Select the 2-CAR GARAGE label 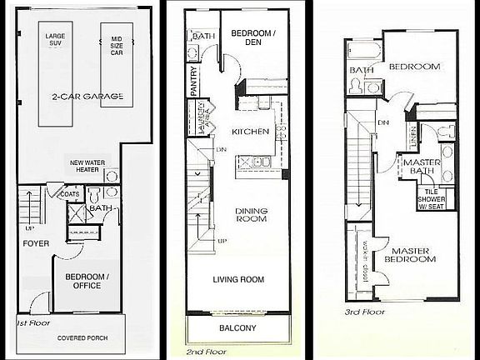(87, 97)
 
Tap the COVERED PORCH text (81, 338)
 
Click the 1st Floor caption (32, 321)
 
